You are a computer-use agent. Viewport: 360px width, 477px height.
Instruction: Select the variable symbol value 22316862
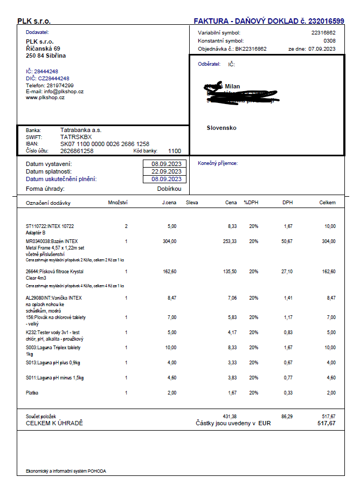click(323, 33)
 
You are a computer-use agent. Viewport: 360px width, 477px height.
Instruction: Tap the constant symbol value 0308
click(329, 40)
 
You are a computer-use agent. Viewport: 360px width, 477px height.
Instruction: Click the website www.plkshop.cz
click(45, 98)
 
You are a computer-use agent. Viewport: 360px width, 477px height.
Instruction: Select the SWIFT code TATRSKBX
click(77, 137)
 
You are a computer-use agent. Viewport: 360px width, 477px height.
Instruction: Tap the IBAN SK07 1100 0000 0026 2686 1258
click(105, 144)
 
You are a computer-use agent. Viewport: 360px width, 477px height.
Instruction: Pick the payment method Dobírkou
click(169, 189)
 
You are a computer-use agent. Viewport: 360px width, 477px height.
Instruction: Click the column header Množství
click(117, 203)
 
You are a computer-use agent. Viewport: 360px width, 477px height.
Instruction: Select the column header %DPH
click(251, 203)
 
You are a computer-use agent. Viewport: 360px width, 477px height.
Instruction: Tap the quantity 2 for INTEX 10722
click(126, 226)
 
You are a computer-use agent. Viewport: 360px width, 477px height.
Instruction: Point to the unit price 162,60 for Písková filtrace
click(169, 272)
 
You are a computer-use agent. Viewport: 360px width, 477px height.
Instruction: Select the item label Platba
click(32, 393)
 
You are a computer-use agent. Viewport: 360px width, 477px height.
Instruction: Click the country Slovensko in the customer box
click(221, 128)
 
